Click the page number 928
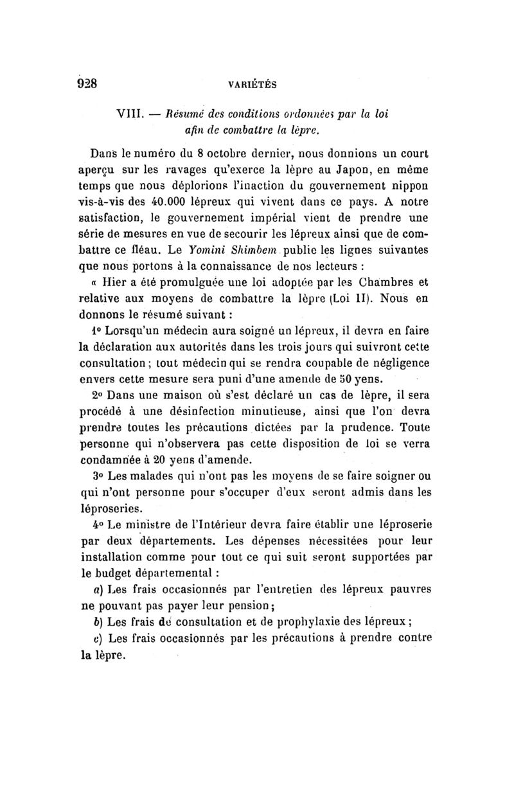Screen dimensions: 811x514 point(87,83)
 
